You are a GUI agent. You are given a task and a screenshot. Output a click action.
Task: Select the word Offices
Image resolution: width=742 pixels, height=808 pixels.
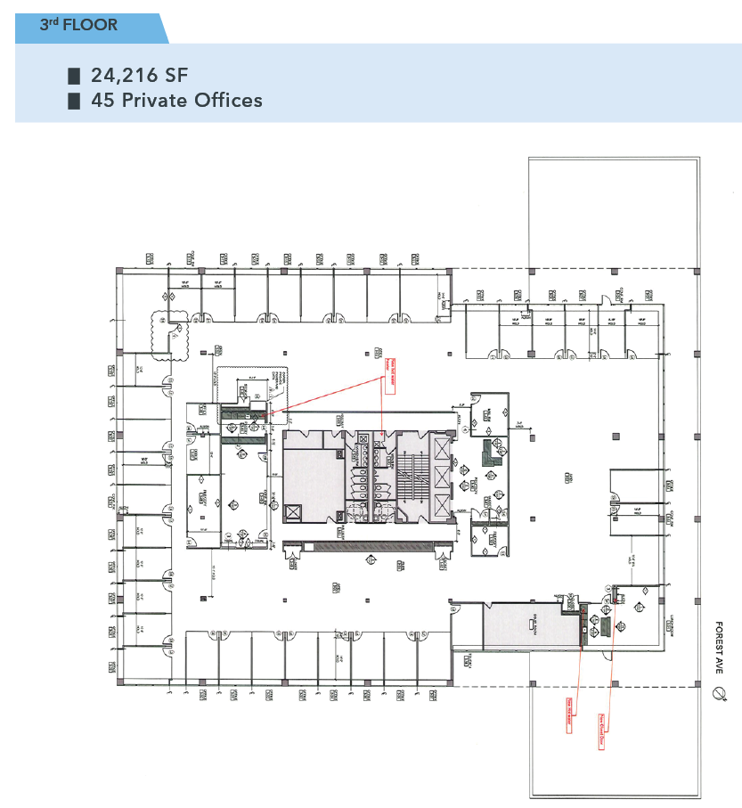pos(230,100)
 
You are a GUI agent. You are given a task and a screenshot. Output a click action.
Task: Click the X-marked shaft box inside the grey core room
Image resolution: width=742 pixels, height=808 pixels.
pos(292,513)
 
